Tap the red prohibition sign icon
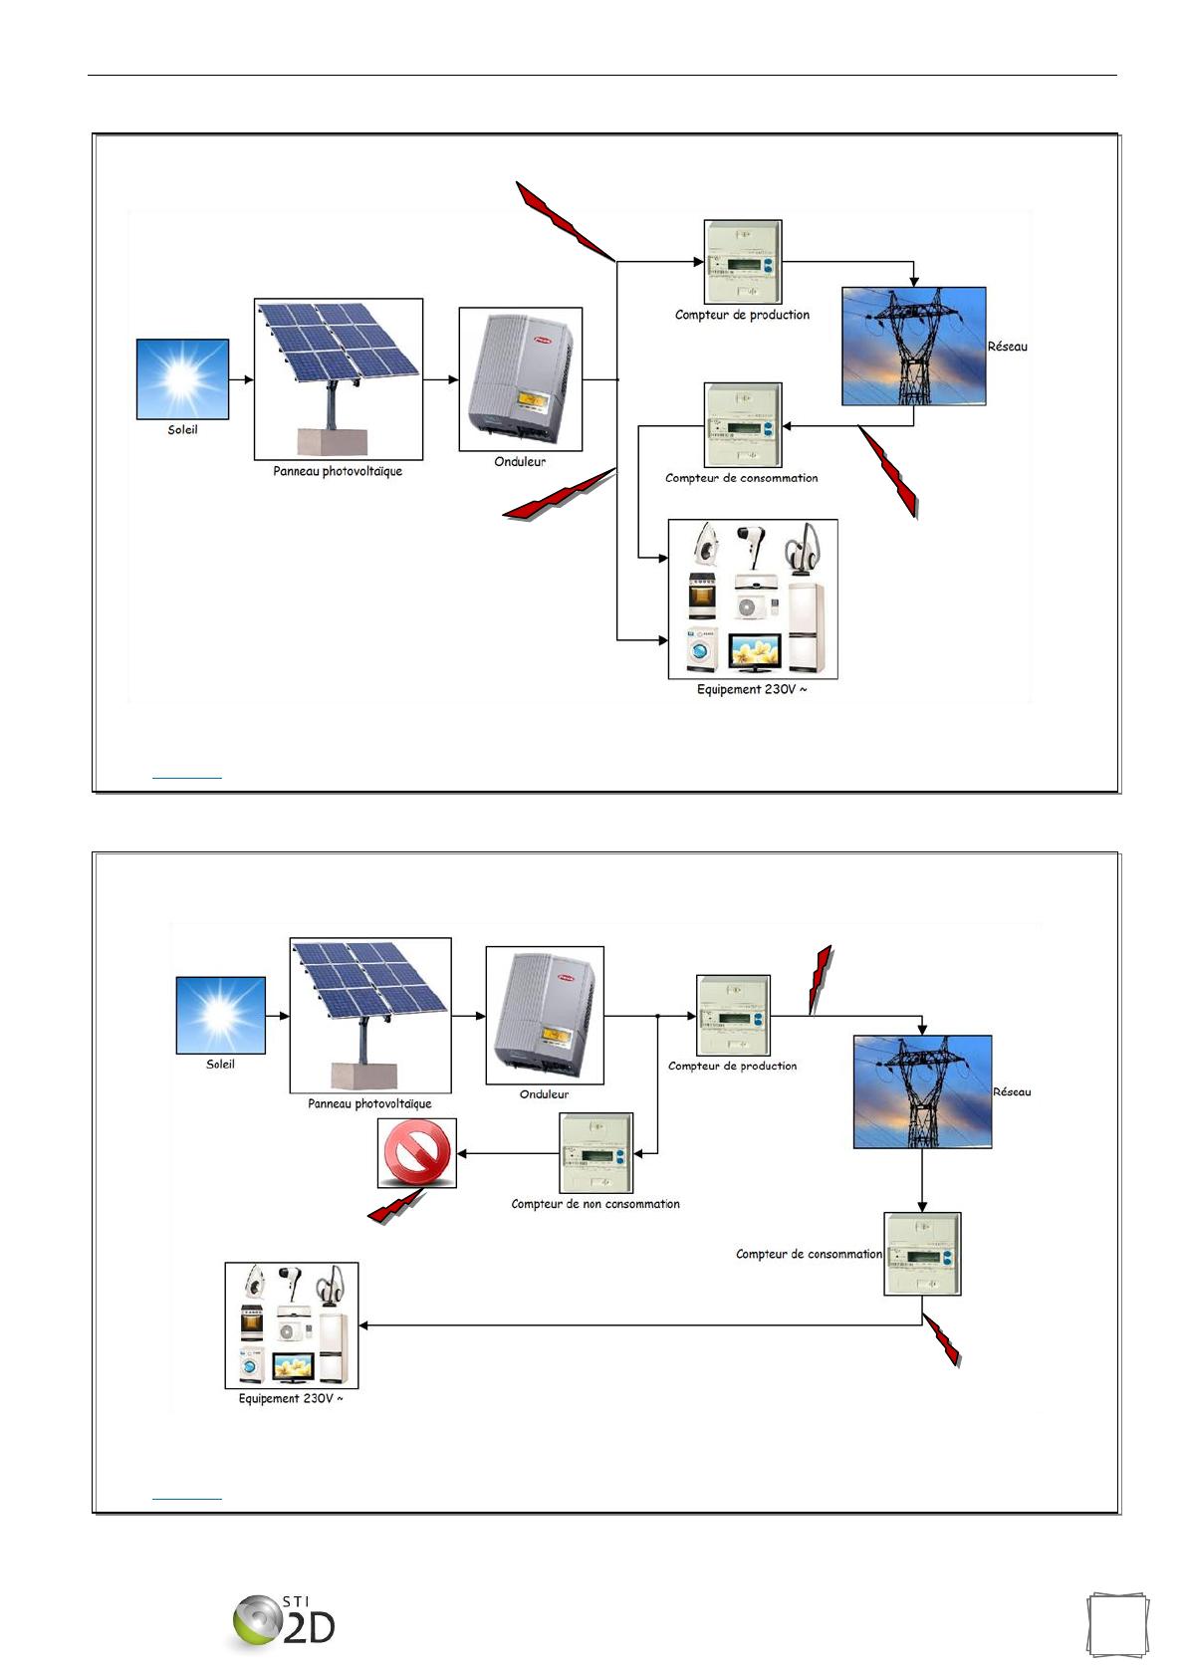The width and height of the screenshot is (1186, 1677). coord(416,1152)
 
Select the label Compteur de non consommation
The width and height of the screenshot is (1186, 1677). coord(595,1204)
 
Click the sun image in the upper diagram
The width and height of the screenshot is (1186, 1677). coord(182,378)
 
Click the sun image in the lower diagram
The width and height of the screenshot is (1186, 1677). coord(221,1015)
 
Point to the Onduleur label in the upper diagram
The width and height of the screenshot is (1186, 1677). coord(520,462)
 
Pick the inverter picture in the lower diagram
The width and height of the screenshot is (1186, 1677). coord(544,1015)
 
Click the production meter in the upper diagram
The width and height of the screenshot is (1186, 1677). coord(742,262)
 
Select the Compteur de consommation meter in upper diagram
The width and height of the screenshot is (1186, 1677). coord(742,425)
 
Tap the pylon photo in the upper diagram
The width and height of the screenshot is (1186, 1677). coord(913,346)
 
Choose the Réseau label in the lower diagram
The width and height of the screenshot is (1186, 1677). coord(1012,1092)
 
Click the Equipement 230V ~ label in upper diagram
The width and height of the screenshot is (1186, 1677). coord(752,690)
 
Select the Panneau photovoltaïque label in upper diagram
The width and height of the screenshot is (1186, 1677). coord(338,471)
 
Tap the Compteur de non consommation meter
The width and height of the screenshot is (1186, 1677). coord(595,1153)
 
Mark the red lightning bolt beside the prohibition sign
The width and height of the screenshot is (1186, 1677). coord(396,1206)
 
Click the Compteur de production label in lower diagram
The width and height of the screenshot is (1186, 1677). coord(732,1067)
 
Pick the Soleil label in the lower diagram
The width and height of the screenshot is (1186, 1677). coord(220,1065)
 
